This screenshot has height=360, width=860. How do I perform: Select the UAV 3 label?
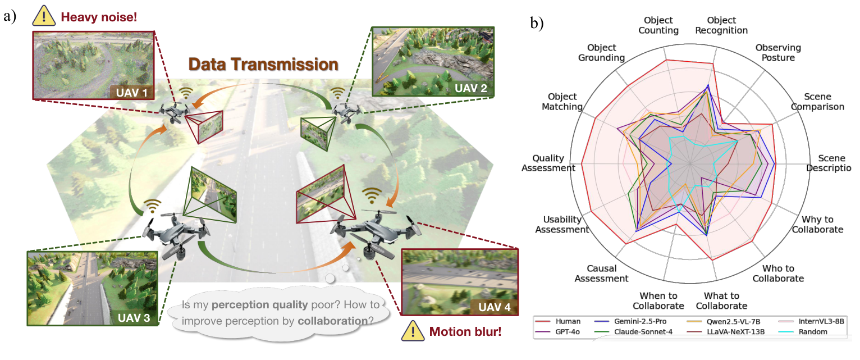click(134, 318)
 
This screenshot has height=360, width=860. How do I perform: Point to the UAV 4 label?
click(494, 307)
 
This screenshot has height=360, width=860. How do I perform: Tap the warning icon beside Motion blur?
click(412, 332)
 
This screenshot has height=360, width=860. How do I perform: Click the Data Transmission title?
click(263, 64)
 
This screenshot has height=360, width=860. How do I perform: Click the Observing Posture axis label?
click(777, 53)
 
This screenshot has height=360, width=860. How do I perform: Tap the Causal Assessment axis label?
click(603, 274)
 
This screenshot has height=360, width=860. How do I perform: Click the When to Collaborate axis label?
click(658, 300)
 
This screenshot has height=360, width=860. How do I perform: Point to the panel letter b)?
click(538, 24)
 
